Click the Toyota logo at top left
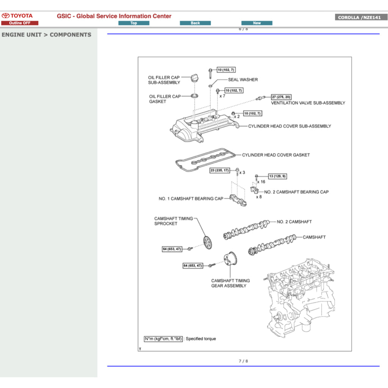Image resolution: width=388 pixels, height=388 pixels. click(x=17, y=16)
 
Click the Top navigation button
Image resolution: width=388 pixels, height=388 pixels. click(x=134, y=23)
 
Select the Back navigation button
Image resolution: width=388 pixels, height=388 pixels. click(x=195, y=23)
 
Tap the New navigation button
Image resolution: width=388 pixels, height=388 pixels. click(x=257, y=23)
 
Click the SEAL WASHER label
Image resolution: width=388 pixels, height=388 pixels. click(x=242, y=80)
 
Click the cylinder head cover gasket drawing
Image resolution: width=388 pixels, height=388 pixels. click(x=205, y=161)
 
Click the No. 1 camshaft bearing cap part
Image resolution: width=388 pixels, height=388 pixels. click(x=238, y=200)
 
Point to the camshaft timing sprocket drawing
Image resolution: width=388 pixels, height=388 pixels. click(x=207, y=241)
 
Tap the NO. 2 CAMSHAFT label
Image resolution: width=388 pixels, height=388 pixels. click(x=294, y=222)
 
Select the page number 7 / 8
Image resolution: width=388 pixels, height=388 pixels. click(x=243, y=361)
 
